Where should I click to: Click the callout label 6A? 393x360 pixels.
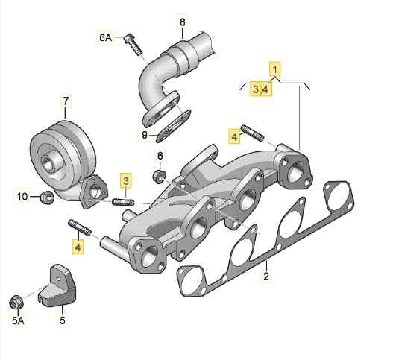click(105, 37)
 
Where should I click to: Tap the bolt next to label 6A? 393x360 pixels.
click(133, 44)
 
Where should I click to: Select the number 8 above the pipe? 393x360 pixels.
click(183, 22)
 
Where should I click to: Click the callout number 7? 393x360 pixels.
click(66, 101)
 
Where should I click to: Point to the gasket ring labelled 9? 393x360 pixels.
click(174, 126)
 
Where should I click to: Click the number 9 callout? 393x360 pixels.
click(145, 136)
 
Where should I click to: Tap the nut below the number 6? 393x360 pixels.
click(159, 176)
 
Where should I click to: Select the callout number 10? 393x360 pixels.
click(22, 197)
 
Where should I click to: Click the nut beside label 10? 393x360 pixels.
click(47, 198)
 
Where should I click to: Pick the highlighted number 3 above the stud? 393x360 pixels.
click(126, 180)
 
